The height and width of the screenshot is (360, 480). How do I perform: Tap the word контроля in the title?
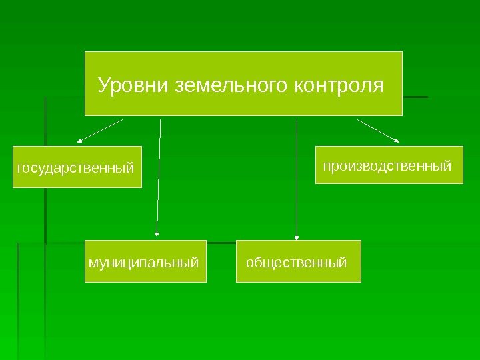[x=338, y=85]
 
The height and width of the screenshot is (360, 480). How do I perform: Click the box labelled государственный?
[x=79, y=167]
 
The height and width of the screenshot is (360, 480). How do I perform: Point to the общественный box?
[x=298, y=261]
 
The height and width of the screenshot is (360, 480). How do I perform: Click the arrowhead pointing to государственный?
[x=80, y=141]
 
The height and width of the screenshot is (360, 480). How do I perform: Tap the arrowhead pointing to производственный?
[x=397, y=140]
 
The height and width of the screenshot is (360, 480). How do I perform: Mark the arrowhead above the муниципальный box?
[x=157, y=234]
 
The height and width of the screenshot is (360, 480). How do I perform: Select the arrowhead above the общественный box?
[x=297, y=235]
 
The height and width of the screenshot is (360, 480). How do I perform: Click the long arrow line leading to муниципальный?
[x=159, y=173]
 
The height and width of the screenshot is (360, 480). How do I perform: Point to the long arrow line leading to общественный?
[x=297, y=173]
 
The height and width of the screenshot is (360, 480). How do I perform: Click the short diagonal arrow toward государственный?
[x=101, y=130]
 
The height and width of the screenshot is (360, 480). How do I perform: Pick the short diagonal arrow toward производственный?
[x=377, y=130]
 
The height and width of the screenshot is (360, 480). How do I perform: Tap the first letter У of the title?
[x=103, y=86]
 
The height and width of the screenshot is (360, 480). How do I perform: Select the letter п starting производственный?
[x=327, y=164]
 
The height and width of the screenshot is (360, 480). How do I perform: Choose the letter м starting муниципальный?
[x=92, y=262]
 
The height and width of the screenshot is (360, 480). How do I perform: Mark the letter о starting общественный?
[x=250, y=262]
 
